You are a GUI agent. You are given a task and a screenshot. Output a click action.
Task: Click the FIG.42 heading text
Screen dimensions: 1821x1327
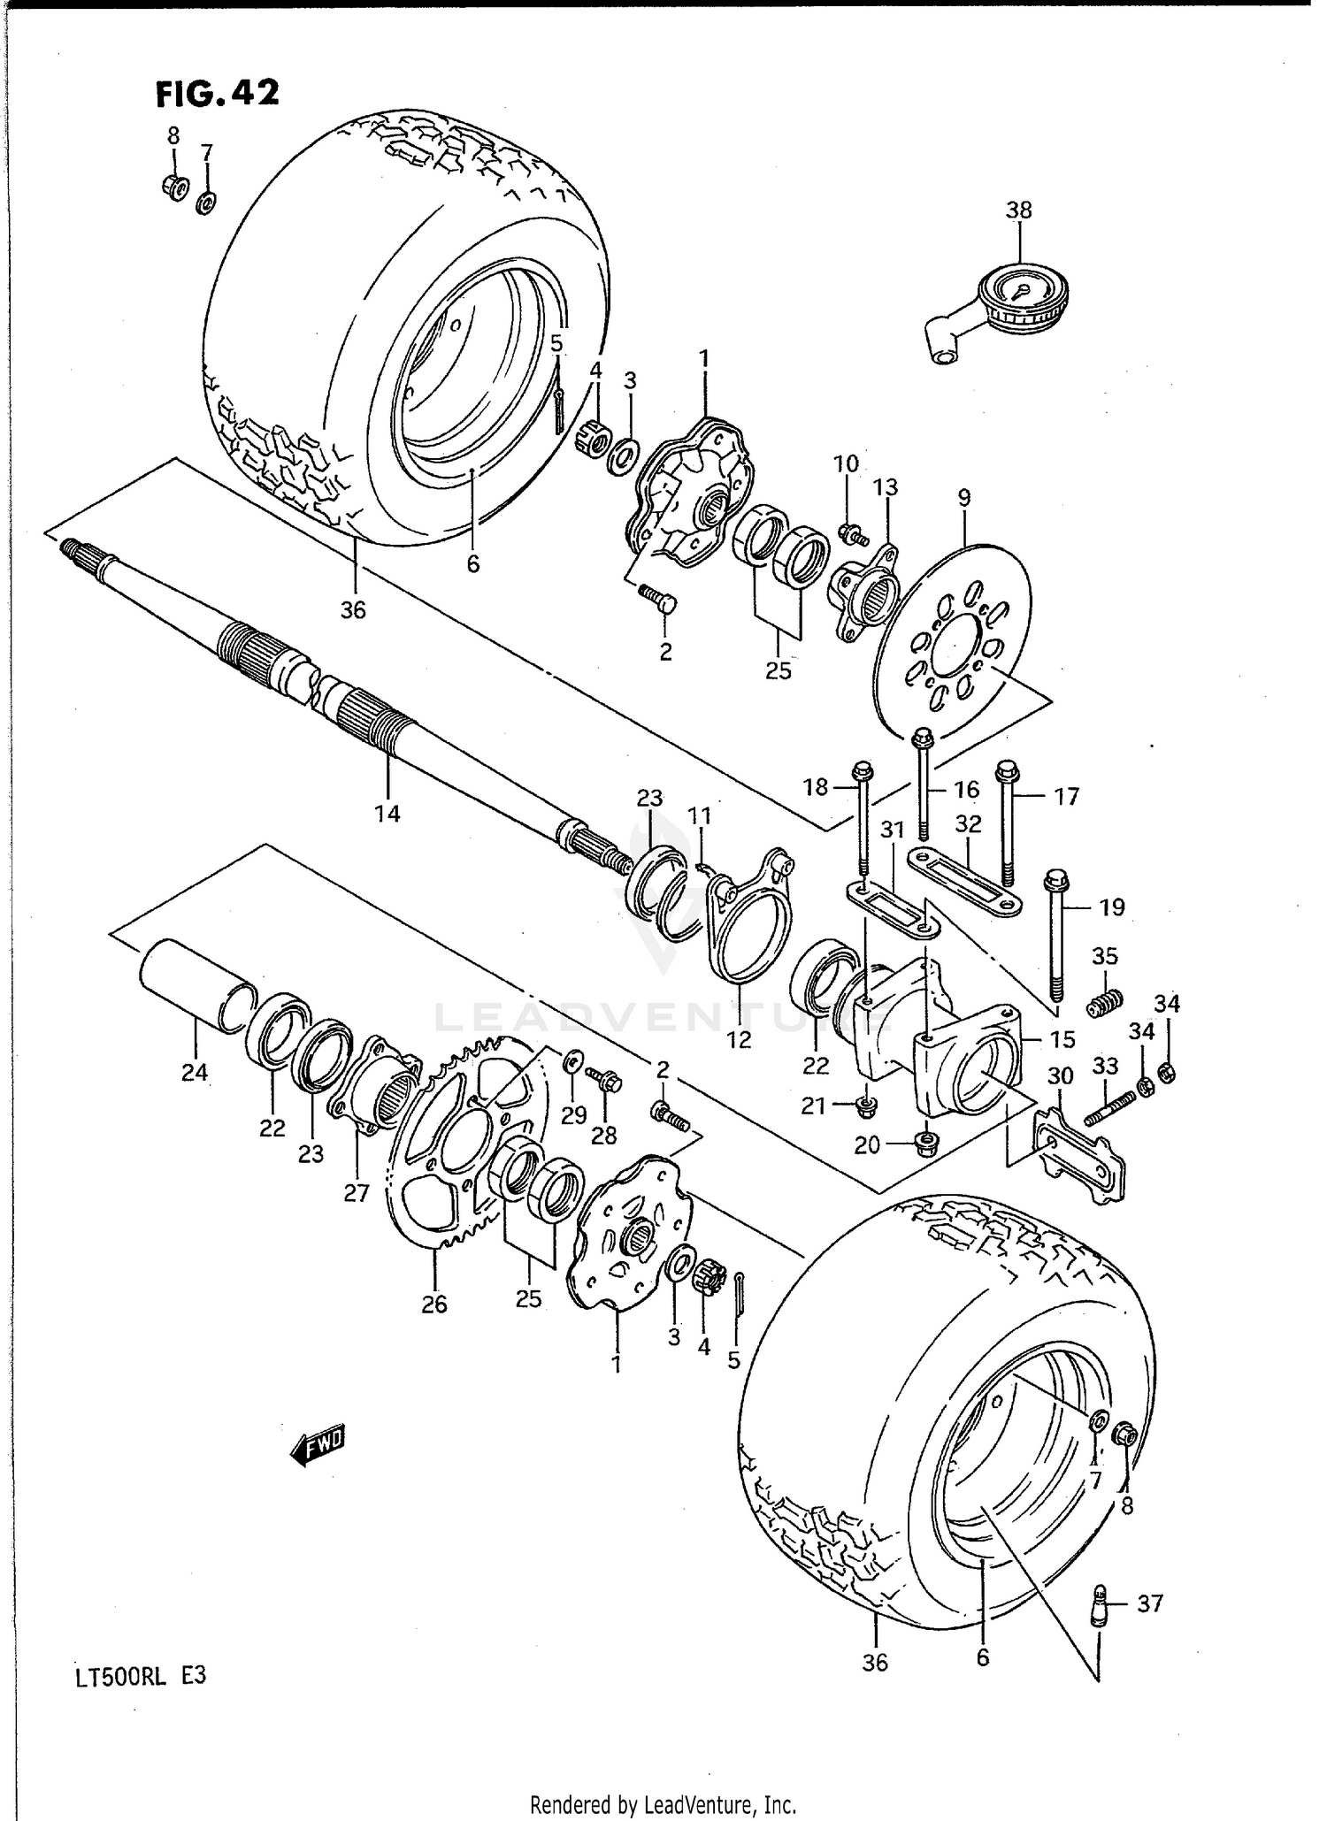(x=218, y=93)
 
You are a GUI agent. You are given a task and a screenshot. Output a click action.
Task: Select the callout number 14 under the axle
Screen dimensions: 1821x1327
(x=387, y=814)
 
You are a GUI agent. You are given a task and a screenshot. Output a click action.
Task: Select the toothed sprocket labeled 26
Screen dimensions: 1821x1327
(x=460, y=1150)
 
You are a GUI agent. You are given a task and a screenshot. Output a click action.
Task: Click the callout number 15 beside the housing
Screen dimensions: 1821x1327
(x=1062, y=1039)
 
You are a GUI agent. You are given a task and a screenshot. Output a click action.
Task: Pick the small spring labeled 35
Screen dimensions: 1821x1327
(x=1104, y=1005)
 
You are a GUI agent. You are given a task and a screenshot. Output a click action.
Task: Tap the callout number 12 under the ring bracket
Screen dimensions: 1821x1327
(x=739, y=1039)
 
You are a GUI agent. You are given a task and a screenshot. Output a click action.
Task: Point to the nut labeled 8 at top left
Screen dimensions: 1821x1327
(x=173, y=187)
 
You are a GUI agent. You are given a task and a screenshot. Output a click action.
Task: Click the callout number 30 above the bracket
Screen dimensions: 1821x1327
(x=1060, y=1076)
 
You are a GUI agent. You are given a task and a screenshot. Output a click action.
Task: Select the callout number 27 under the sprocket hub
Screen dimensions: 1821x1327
(x=356, y=1193)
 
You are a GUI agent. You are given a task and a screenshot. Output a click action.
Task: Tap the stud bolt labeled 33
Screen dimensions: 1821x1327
(x=1108, y=1109)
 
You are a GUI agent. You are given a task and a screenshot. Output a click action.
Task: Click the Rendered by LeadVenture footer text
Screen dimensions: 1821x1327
(x=663, y=1804)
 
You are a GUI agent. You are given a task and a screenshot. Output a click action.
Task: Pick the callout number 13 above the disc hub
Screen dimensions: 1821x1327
(x=886, y=487)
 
